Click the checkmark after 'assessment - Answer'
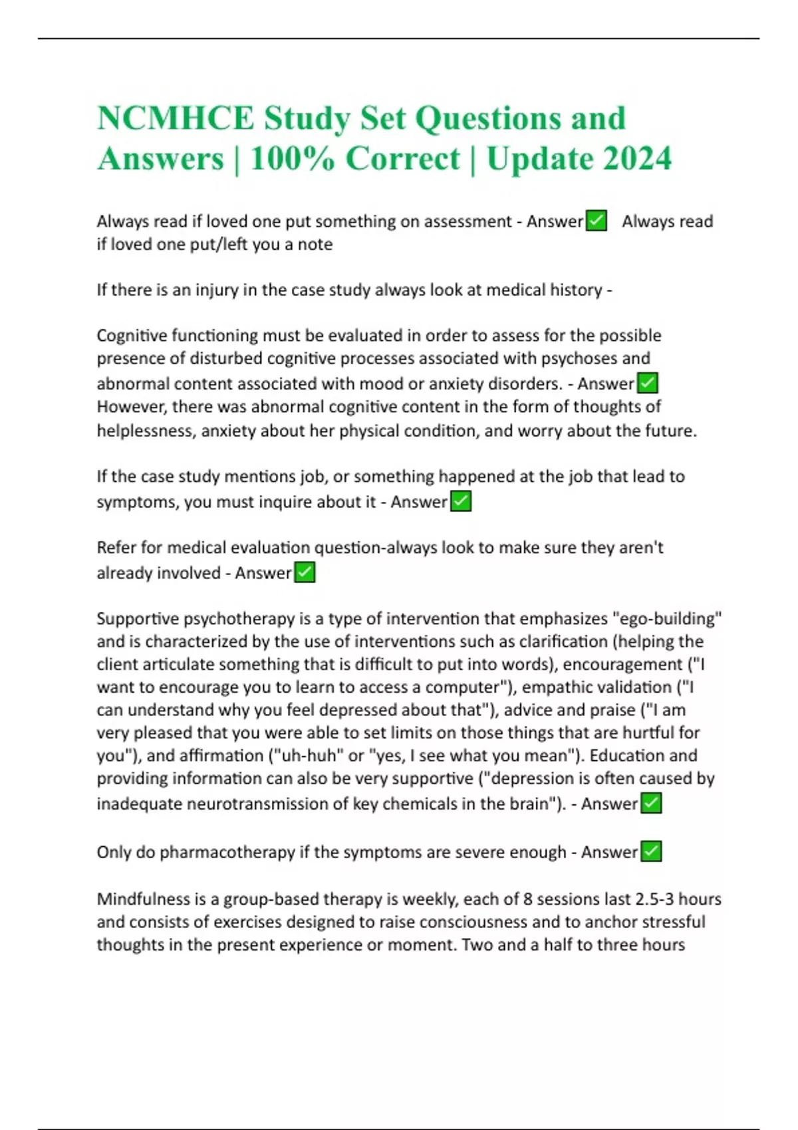(597, 221)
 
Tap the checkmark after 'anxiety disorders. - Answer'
(647, 383)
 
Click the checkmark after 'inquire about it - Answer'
(461, 501)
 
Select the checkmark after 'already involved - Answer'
(305, 572)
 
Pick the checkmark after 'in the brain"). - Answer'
(651, 803)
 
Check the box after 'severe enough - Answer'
(651, 851)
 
